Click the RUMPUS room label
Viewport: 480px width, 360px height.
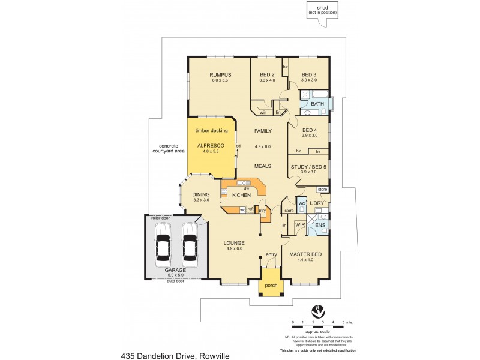click(220, 74)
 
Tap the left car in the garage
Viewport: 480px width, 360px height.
click(162, 245)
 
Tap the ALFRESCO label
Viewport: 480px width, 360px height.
click(211, 146)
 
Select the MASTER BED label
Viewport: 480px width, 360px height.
click(306, 254)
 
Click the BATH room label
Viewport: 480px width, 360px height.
click(317, 104)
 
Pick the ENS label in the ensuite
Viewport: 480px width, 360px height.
click(320, 226)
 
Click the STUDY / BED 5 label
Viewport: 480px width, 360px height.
click(308, 166)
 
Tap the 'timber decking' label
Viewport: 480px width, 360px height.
click(211, 130)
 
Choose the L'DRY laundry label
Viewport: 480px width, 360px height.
click(317, 204)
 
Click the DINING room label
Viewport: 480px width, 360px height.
click(200, 194)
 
